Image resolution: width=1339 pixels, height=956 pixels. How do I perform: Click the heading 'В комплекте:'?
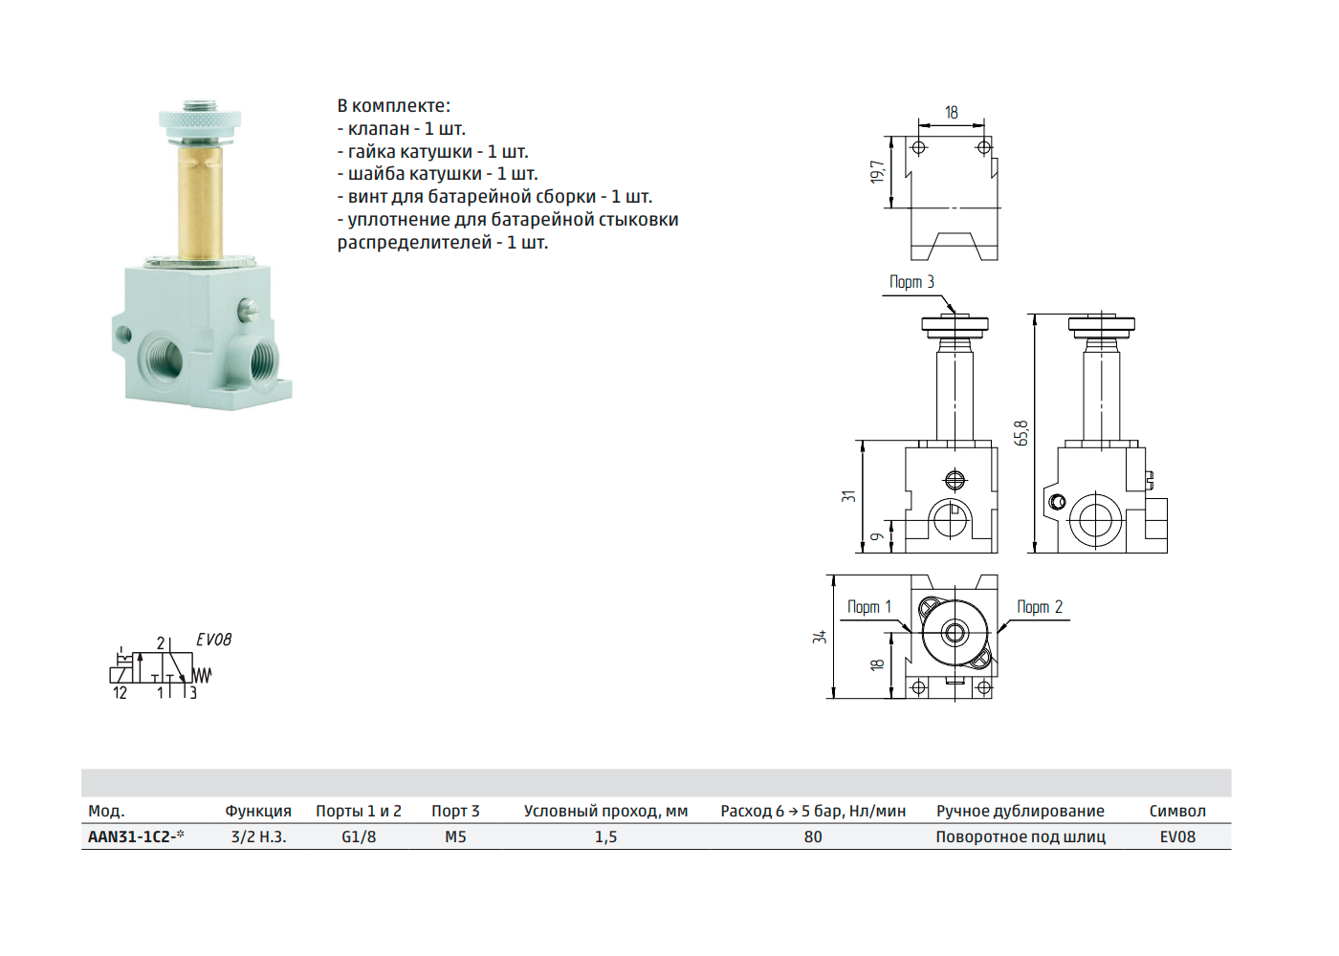point(393,106)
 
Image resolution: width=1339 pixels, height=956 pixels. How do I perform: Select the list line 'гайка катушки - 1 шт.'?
point(432,151)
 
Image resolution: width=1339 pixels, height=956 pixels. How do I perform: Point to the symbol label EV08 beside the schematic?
point(213,640)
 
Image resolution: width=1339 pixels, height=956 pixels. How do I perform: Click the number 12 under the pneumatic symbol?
point(120,693)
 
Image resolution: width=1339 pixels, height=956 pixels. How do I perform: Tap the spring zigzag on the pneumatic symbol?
point(202,676)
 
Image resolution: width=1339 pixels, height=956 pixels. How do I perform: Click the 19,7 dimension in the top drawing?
point(877,172)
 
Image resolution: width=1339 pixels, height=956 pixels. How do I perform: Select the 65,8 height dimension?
point(1021,433)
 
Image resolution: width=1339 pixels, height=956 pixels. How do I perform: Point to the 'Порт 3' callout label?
point(911,282)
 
